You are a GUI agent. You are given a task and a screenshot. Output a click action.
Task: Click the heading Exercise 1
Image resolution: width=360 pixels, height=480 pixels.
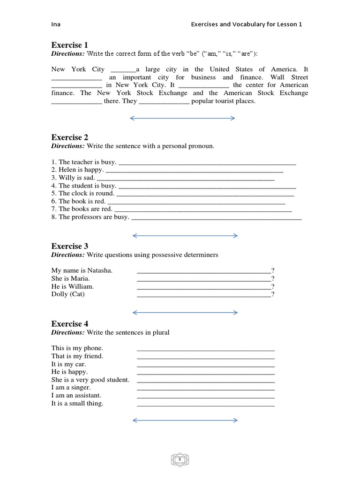pos(69,45)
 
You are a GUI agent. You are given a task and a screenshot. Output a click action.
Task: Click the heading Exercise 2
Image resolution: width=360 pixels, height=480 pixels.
pos(69,137)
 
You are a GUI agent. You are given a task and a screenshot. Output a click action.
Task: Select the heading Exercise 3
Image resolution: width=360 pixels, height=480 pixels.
pos(69,246)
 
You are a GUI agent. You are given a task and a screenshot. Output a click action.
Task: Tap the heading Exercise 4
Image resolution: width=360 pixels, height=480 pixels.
pos(69,324)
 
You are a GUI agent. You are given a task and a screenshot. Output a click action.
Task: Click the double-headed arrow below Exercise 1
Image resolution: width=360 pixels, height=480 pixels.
pos(182,119)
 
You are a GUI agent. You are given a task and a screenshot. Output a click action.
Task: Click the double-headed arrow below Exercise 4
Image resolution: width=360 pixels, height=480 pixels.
pos(185,420)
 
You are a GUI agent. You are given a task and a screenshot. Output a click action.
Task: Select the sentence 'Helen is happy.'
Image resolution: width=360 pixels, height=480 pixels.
pos(78,170)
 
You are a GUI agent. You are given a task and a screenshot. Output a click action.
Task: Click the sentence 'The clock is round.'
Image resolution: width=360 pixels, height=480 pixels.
pos(83,193)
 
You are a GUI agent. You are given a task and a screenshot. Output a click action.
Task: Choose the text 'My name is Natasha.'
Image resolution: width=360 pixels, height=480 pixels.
pos(82,270)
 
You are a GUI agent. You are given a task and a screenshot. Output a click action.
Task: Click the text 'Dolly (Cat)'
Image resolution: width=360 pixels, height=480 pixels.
pos(68,294)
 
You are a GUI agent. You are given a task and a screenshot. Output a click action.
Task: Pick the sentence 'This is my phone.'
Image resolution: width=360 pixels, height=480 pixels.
pos(77,348)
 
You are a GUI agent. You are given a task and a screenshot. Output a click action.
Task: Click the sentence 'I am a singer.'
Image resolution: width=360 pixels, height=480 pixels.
pos(71,388)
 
